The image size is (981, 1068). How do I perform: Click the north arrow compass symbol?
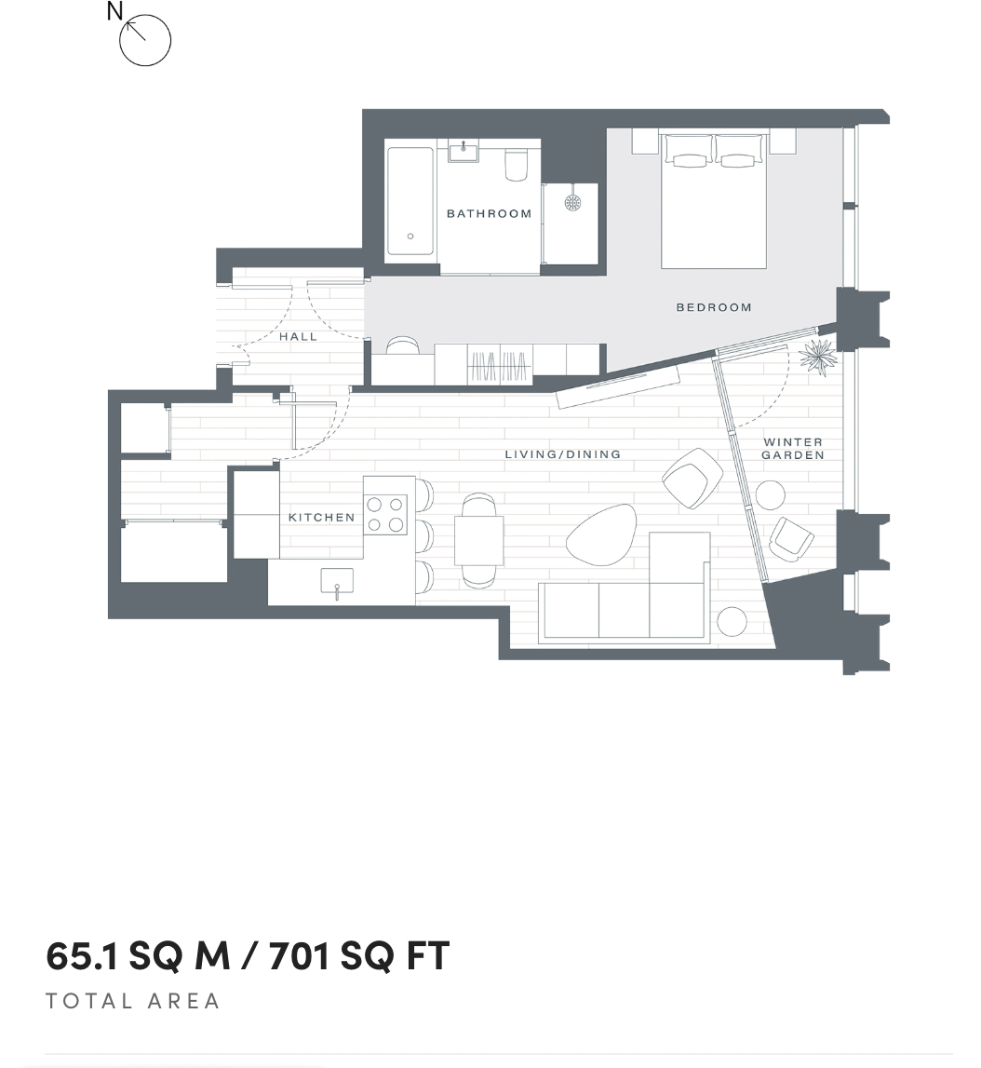[x=145, y=40]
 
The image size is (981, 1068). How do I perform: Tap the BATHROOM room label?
[x=489, y=213]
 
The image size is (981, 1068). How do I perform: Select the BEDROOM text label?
[x=713, y=307]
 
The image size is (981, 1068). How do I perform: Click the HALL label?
[x=298, y=336]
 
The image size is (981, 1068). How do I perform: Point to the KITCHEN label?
[x=321, y=518]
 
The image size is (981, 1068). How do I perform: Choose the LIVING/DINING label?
[x=562, y=454]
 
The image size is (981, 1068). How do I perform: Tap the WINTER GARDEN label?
[x=793, y=449]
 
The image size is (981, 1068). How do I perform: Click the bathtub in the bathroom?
[x=410, y=199]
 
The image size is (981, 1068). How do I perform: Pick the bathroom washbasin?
[x=463, y=151]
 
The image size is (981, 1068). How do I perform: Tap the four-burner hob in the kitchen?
[x=386, y=514]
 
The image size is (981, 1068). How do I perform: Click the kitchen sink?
[x=337, y=582]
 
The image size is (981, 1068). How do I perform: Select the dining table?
[x=478, y=541]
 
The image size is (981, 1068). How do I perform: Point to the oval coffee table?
[x=600, y=534]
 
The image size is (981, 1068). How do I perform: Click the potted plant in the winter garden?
[x=819, y=357]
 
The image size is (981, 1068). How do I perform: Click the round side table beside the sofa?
[x=732, y=621]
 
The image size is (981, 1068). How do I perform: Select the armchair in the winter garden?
[x=791, y=538]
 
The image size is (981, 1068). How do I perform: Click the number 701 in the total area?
[x=299, y=955]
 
